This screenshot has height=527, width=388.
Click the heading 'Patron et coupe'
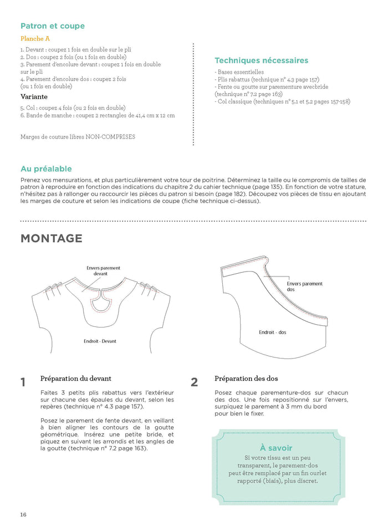pyautogui.click(x=53, y=26)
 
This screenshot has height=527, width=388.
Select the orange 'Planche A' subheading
pyautogui.click(x=35, y=39)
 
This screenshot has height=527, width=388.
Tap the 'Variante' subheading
pyautogui.click(x=34, y=96)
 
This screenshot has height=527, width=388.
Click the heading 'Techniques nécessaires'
pyautogui.click(x=261, y=60)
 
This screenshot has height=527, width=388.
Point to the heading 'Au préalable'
pyautogui.click(x=46, y=169)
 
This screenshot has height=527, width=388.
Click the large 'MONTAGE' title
pyautogui.click(x=52, y=239)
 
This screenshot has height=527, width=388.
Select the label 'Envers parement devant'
pyautogui.click(x=103, y=271)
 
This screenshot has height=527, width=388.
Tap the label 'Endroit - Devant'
pyautogui.click(x=100, y=341)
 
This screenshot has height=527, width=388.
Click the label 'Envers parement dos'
pyautogui.click(x=304, y=287)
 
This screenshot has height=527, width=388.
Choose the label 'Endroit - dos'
pyautogui.click(x=273, y=332)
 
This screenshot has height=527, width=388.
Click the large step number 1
pyautogui.click(x=23, y=382)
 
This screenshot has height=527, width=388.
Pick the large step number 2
pyautogui.click(x=194, y=382)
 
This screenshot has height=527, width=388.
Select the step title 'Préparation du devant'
pyautogui.click(x=76, y=379)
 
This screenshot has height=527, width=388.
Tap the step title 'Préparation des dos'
pyautogui.click(x=246, y=379)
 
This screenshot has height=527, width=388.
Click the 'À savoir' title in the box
pyautogui.click(x=276, y=448)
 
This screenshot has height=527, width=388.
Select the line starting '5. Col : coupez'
pyautogui.click(x=73, y=108)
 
